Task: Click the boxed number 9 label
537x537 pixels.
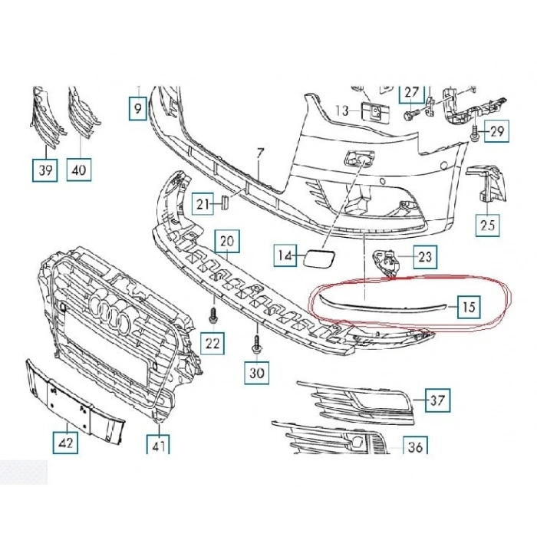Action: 137,110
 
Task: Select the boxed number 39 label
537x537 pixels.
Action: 45,170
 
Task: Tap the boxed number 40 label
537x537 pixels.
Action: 78,170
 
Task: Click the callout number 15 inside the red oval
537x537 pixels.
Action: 469,308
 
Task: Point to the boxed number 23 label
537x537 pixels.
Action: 426,256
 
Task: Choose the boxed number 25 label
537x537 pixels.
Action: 488,225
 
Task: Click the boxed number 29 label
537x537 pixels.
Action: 497,131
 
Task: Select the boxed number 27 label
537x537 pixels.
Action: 412,94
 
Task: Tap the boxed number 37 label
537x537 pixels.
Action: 437,400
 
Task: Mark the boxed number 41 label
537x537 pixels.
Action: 160,444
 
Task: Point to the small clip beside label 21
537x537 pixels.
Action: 226,203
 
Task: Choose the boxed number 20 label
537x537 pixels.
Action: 226,241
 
